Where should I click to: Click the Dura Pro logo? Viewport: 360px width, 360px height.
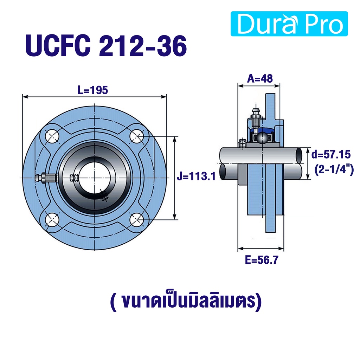tap(289, 24)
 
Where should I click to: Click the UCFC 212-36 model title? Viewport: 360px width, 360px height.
tap(106, 46)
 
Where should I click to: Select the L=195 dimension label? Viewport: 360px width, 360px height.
tap(92, 90)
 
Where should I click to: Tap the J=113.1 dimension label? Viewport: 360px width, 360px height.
tap(196, 176)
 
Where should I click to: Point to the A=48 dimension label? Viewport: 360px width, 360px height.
tap(260, 78)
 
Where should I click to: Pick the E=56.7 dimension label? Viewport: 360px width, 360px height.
tap(262, 260)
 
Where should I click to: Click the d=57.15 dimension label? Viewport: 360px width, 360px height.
tap(331, 155)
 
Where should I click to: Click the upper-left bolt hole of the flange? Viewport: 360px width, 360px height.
tap(52, 136)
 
